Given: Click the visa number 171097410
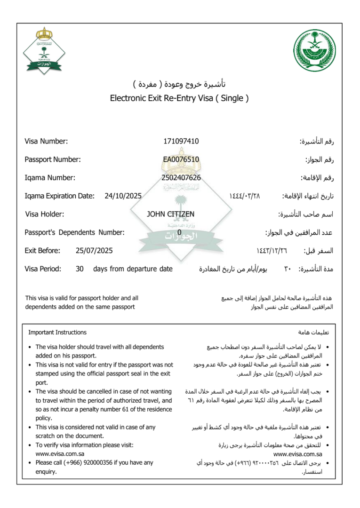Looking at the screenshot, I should click(181, 141).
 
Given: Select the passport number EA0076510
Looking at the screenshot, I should click(181, 159).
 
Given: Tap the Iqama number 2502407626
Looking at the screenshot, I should click(181, 178).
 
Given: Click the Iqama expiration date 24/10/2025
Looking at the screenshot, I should click(123, 196).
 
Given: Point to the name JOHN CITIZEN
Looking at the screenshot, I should click(170, 214).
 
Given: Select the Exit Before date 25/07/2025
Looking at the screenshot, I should click(94, 251).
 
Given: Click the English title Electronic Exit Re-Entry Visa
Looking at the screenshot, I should click(179, 98).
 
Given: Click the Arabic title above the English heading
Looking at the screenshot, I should click(179, 84).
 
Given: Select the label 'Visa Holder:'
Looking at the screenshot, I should click(45, 214).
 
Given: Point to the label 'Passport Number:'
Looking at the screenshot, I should click(53, 159).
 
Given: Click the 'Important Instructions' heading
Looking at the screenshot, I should click(57, 333).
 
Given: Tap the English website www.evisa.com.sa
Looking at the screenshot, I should click(60, 454).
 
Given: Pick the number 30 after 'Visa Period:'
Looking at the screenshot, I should click(80, 269).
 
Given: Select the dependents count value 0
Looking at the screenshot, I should click(179, 232).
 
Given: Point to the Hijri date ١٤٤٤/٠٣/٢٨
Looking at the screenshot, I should click(244, 196).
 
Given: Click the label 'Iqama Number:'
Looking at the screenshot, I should click(50, 178).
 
